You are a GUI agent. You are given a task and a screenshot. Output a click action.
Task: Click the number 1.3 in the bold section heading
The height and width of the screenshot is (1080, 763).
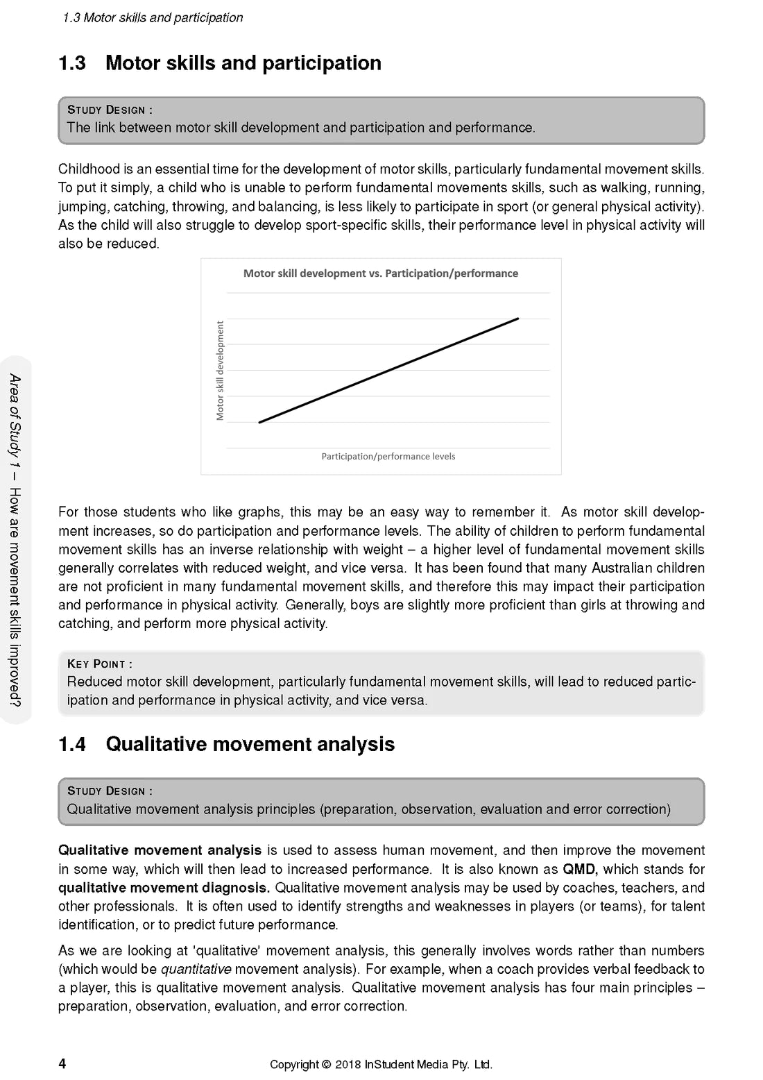click(72, 63)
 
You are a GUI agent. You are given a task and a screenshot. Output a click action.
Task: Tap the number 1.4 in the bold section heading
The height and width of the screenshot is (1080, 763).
click(72, 744)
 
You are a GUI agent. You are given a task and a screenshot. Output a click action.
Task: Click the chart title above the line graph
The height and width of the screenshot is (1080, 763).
click(380, 273)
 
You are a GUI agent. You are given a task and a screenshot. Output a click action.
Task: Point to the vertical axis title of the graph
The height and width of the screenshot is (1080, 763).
click(221, 370)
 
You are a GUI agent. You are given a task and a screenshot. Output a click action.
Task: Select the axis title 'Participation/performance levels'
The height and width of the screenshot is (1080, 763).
click(388, 457)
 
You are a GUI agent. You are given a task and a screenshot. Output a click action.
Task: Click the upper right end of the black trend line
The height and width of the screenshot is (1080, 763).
click(517, 319)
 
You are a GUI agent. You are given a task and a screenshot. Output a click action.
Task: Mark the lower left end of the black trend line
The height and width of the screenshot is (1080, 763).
click(259, 422)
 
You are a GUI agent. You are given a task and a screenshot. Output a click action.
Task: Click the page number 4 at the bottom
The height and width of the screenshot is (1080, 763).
click(62, 1063)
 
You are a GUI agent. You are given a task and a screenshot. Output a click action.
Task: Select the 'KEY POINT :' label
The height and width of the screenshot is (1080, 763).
click(99, 664)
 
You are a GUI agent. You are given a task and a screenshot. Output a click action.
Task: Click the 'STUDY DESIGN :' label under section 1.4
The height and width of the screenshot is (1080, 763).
click(110, 791)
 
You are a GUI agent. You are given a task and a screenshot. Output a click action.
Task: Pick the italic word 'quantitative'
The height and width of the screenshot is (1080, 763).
click(196, 969)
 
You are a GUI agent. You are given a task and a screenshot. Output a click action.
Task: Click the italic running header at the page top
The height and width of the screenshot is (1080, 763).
click(153, 18)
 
